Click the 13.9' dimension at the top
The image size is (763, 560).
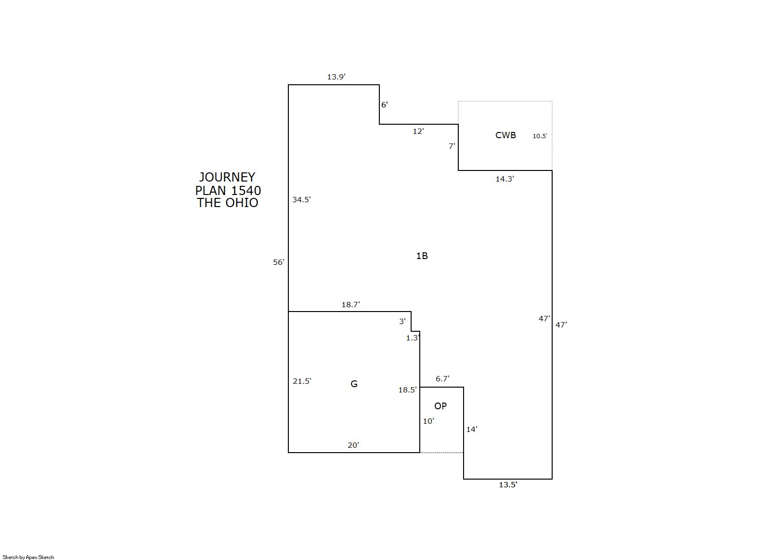tap(336, 77)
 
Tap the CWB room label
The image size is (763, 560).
tap(505, 135)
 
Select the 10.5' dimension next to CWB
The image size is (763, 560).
tap(540, 136)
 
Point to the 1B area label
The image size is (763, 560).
tap(422, 256)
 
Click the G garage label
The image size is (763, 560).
tap(354, 384)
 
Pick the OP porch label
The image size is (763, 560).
tap(440, 406)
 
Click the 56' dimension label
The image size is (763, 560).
tap(279, 262)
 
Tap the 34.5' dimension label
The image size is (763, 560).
tap(301, 200)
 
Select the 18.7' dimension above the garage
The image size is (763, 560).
tap(351, 304)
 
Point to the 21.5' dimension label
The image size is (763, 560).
tap(302, 381)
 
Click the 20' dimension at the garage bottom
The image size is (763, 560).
tap(353, 445)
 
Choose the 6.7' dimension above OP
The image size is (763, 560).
tap(443, 379)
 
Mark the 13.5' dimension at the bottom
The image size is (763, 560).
tap(508, 485)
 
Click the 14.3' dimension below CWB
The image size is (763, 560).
tap(505, 179)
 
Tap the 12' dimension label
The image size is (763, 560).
tap(419, 131)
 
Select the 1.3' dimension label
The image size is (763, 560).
tap(413, 338)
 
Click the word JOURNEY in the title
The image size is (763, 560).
tap(227, 177)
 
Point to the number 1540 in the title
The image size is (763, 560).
tap(246, 190)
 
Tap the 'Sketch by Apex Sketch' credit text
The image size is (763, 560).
tap(28, 557)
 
